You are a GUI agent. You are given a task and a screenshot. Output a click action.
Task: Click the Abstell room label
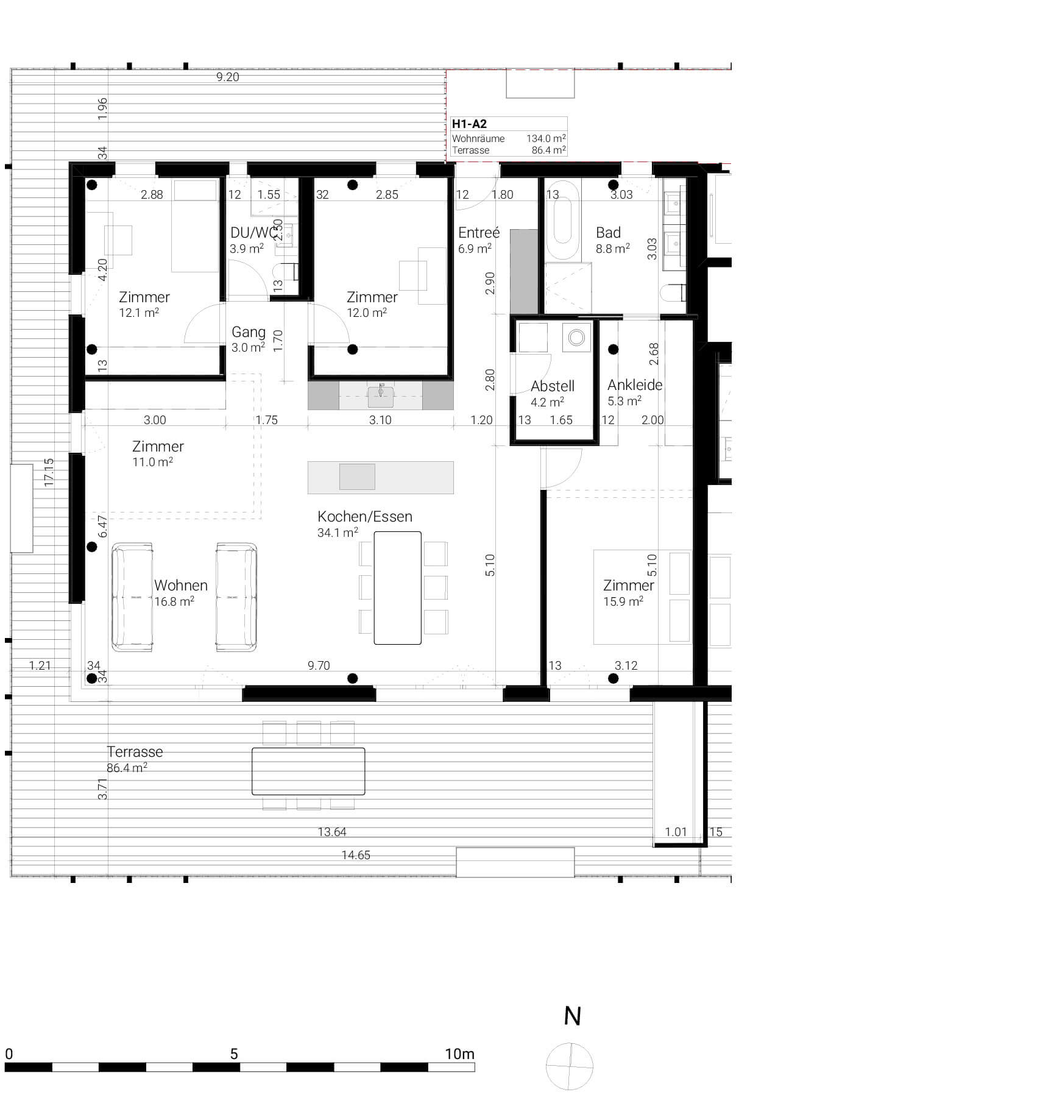pyautogui.click(x=552, y=386)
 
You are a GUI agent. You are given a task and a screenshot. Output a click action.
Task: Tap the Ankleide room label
pyautogui.click(x=634, y=385)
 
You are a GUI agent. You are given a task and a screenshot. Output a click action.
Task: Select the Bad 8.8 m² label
pyautogui.click(x=612, y=240)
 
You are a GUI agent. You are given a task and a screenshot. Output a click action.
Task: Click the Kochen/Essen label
pyautogui.click(x=364, y=517)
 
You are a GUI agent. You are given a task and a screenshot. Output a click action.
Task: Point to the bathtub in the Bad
pyautogui.click(x=562, y=219)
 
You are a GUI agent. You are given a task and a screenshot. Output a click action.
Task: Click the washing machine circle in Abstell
pyautogui.click(x=576, y=337)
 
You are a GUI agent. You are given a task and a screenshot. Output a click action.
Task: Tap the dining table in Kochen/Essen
pyautogui.click(x=397, y=587)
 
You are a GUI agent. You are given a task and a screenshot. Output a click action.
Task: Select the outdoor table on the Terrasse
pyautogui.click(x=308, y=771)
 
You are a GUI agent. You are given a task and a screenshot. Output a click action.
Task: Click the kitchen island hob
pyautogui.click(x=357, y=477)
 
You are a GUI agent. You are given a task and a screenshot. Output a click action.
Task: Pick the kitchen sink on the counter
pyautogui.click(x=381, y=396)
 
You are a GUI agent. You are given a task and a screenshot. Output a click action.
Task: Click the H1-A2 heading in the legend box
pyautogui.click(x=469, y=124)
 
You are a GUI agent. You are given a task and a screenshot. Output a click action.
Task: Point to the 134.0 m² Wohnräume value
pyautogui.click(x=546, y=138)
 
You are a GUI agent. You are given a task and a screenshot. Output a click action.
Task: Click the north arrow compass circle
pyautogui.click(x=570, y=1066)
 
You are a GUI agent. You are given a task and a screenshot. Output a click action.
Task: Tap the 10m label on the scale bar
pyautogui.click(x=459, y=1054)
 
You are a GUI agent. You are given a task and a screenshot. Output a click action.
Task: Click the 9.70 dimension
pyautogui.click(x=319, y=665)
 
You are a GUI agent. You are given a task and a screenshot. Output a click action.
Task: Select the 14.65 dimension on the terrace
pyautogui.click(x=356, y=855)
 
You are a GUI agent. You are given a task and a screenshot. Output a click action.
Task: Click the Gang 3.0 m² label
pyautogui.click(x=248, y=339)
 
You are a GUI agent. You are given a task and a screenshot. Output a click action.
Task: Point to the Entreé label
pyautogui.click(x=479, y=233)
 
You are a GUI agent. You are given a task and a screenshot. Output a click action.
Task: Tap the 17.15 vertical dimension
pyautogui.click(x=49, y=472)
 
